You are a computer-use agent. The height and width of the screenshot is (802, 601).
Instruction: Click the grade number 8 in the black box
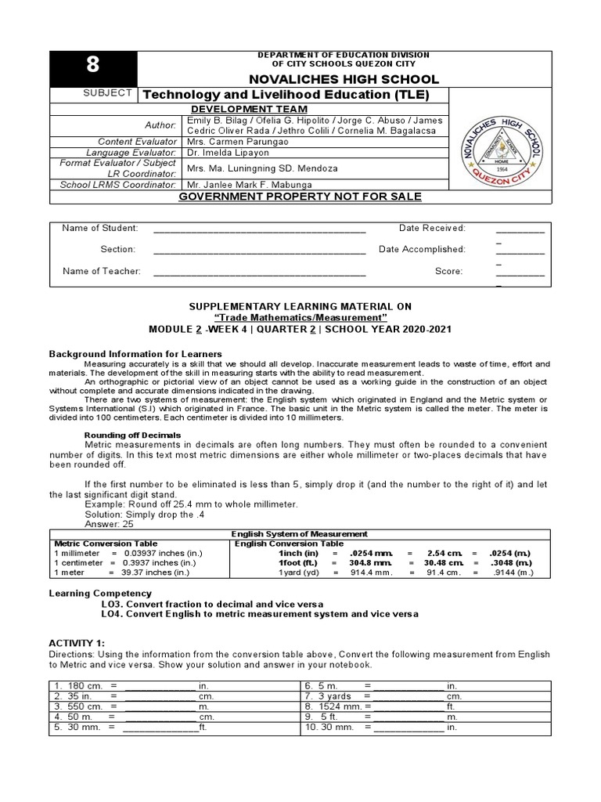pos(93,68)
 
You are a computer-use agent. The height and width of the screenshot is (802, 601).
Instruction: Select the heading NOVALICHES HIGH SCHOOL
pos(344,79)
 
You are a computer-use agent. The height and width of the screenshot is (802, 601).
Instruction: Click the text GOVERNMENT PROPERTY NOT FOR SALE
pos(300,197)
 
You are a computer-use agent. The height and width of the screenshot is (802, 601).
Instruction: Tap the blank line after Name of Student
pos(259,229)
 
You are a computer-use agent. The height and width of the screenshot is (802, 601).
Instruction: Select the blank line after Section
pos(259,250)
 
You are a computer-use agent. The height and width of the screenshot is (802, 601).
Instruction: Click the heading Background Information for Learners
pos(136,355)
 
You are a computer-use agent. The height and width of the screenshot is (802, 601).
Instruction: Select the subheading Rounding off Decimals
pos(132,435)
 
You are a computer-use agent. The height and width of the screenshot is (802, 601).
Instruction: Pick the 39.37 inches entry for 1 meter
pos(154,573)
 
